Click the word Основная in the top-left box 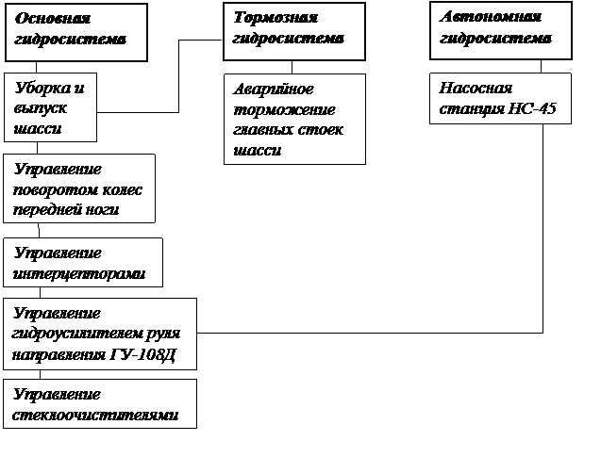[x=53, y=18]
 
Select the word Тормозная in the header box [x=275, y=17]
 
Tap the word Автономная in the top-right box [x=491, y=16]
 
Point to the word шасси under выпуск [x=38, y=128]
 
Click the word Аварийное [x=274, y=90]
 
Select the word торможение [x=284, y=110]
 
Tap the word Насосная [x=476, y=89]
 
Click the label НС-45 [x=532, y=108]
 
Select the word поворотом [x=52, y=190]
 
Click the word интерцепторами [x=79, y=274]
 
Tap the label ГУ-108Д [x=142, y=355]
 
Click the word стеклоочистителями [x=95, y=416]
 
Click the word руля [x=163, y=335]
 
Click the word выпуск [x=41, y=108]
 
